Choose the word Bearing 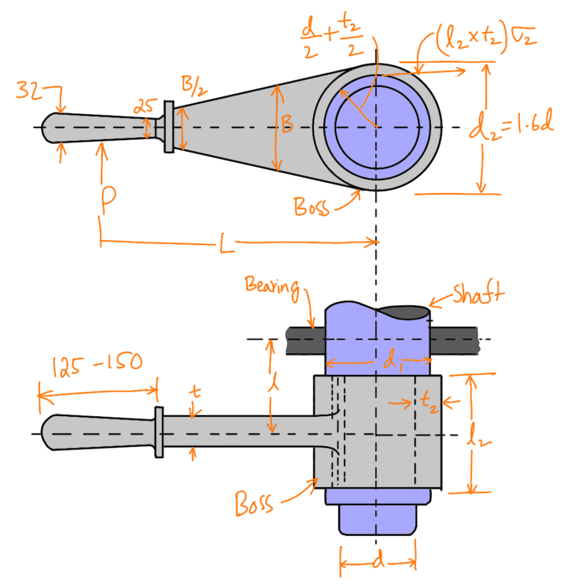[x=272, y=285]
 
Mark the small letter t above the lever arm [x=195, y=392]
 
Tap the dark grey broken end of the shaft [x=405, y=312]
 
